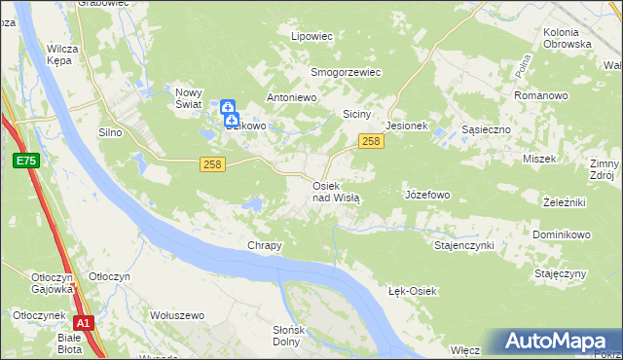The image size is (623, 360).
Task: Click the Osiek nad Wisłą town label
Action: click(x=336, y=191)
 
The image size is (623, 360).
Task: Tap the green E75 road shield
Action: click(x=25, y=160)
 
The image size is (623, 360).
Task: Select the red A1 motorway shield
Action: click(x=84, y=323)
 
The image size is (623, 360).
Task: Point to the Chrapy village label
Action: click(x=265, y=246)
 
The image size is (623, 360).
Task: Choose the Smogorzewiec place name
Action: click(x=345, y=72)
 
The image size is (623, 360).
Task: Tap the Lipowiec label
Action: click(x=312, y=36)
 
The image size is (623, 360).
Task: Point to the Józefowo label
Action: click(x=426, y=195)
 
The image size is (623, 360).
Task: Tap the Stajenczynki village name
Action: click(x=464, y=245)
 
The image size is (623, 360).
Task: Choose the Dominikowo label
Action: click(x=562, y=235)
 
